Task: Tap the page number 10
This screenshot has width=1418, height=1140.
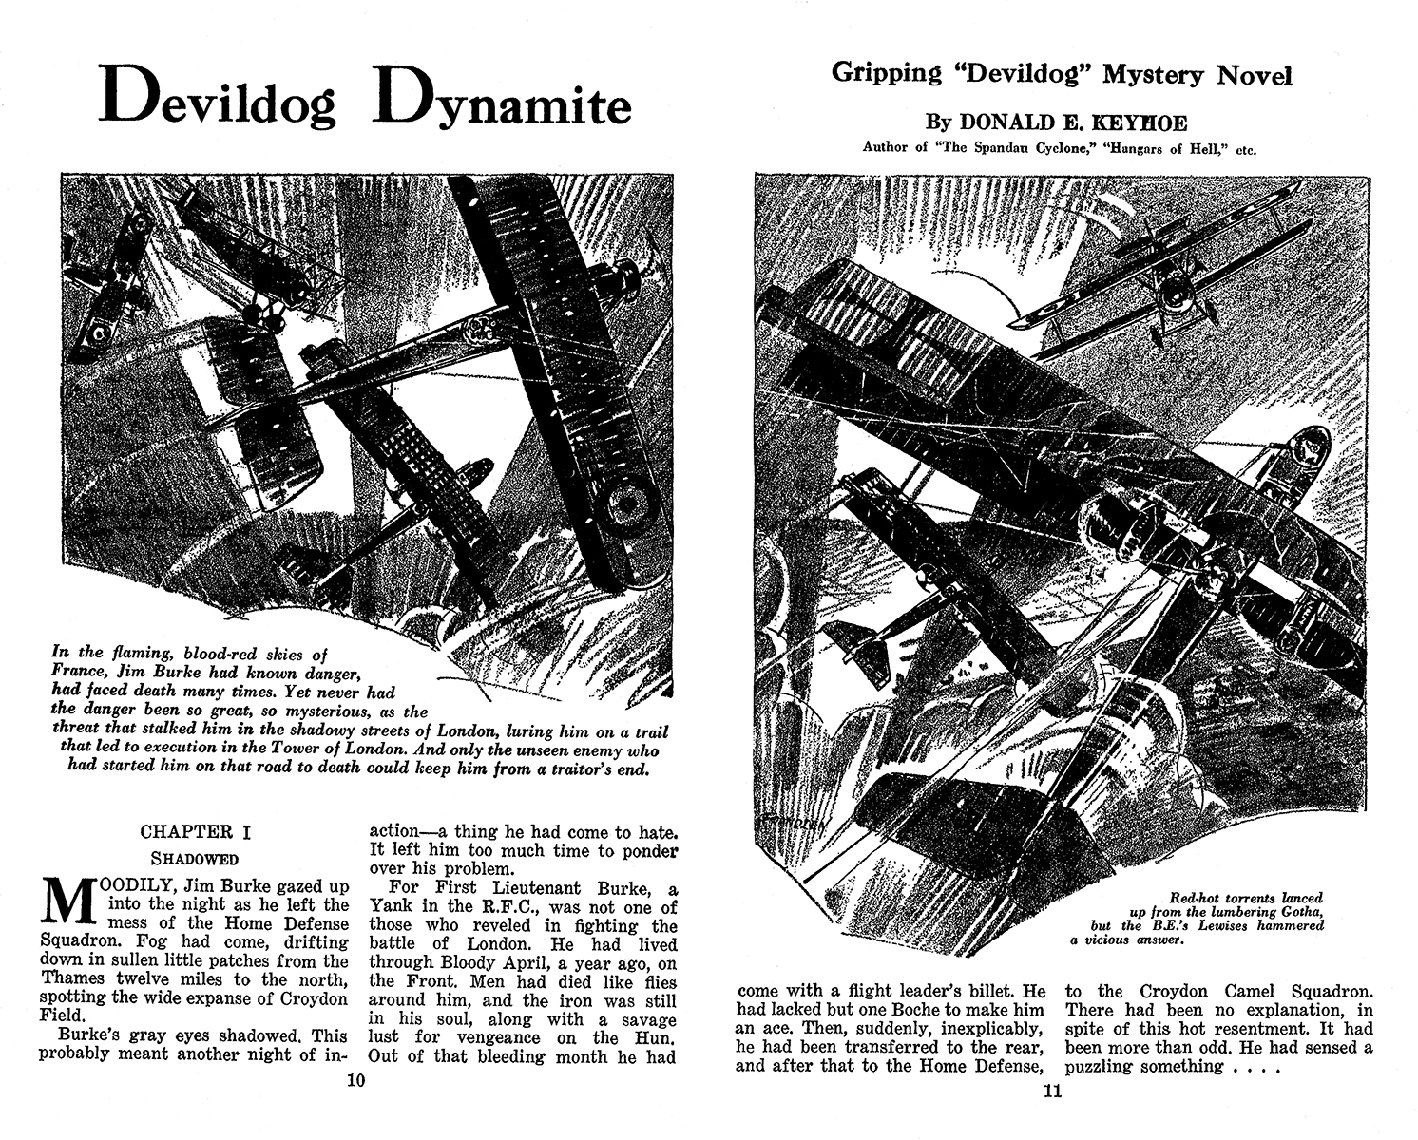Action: tap(354, 1079)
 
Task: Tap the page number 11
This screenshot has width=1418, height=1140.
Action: tap(1052, 1090)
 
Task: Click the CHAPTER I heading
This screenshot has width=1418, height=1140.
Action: tap(196, 832)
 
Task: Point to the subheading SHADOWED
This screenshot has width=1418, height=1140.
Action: tap(196, 859)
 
